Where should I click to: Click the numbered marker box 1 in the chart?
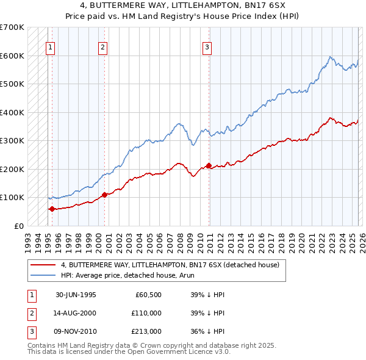(x=49, y=47)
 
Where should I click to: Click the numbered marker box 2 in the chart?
(x=103, y=47)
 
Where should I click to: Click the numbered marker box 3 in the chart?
(x=207, y=47)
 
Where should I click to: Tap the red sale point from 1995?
(x=52, y=209)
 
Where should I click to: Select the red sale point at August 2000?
(x=104, y=195)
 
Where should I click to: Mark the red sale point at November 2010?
(x=209, y=165)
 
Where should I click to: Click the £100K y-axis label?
(x=12, y=197)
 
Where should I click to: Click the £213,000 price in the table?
(x=146, y=331)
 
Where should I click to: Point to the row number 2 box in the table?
(x=30, y=313)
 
